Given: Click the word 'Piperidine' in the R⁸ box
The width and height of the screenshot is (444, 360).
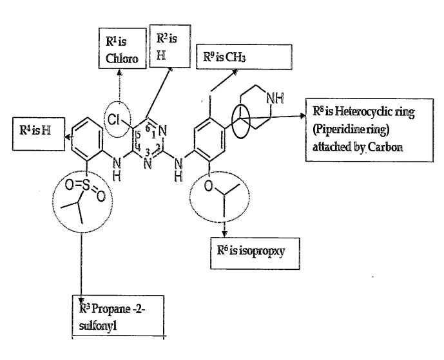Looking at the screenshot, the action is tap(337, 129).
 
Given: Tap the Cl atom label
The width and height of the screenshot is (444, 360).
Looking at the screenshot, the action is tap(113, 120).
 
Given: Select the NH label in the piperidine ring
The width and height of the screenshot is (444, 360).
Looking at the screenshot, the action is tap(275, 98).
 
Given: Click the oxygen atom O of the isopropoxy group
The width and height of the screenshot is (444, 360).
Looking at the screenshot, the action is tap(208, 185).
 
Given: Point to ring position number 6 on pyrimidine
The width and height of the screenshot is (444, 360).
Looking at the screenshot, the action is tap(148, 128).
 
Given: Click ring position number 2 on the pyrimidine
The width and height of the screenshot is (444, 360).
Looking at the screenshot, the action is tap(158, 147).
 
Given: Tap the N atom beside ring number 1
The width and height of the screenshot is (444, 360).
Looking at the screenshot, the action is tap(162, 131).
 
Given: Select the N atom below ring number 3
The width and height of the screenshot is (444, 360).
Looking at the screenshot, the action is tap(148, 164).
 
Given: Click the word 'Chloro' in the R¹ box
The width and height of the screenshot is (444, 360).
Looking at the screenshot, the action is tap(122, 59).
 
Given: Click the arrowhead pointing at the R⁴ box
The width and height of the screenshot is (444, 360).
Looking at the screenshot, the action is tap(68, 137).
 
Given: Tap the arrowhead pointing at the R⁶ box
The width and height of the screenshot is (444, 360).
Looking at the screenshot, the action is tap(224, 234).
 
